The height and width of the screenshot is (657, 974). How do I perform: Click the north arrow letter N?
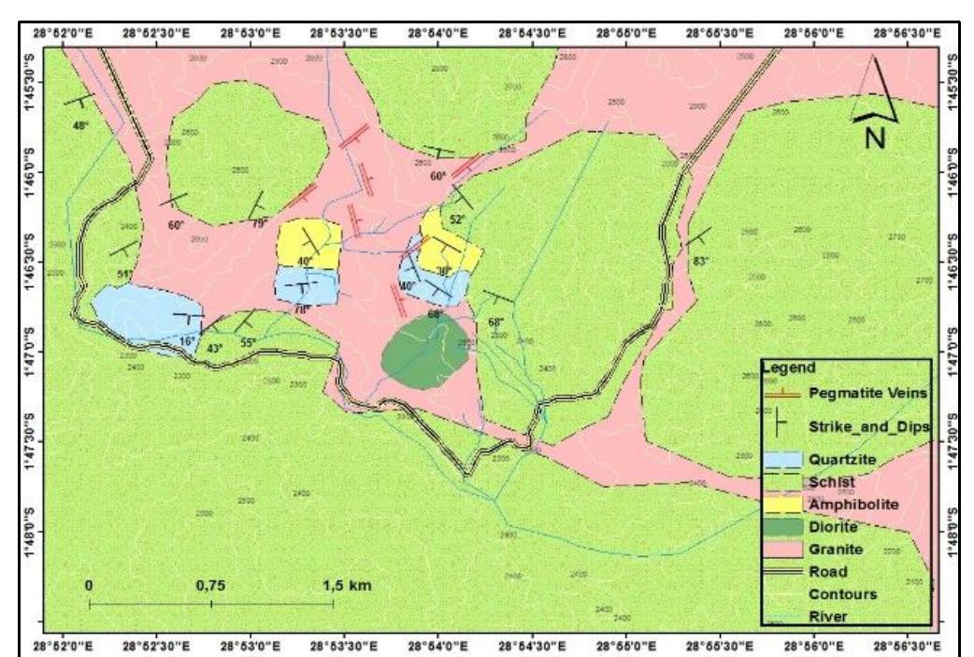[x=875, y=136]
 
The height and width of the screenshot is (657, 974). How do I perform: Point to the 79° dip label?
[x=258, y=222]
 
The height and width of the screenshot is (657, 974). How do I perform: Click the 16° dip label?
[x=187, y=341]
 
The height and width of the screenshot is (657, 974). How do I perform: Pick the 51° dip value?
[x=124, y=274]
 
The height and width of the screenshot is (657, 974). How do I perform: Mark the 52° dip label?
[x=457, y=219]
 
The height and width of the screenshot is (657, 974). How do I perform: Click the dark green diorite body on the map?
[x=426, y=346]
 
